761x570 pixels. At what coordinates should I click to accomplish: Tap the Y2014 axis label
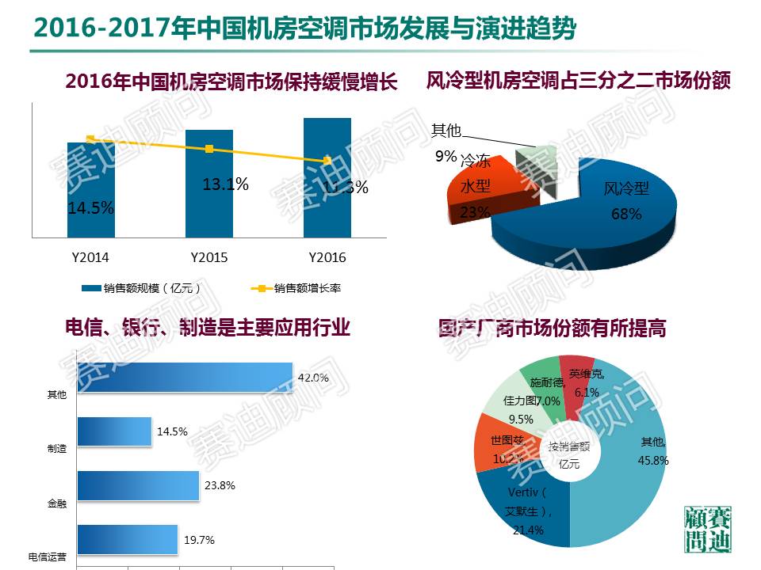(90, 258)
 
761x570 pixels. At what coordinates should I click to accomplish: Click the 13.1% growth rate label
(225, 184)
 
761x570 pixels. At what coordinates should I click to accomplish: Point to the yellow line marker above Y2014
(90, 139)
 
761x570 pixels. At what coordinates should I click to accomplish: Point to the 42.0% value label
(312, 378)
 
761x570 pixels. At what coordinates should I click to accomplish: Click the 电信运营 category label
(48, 557)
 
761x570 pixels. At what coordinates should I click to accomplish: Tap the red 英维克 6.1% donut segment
(583, 380)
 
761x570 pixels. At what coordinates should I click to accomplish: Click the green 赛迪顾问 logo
(707, 529)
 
